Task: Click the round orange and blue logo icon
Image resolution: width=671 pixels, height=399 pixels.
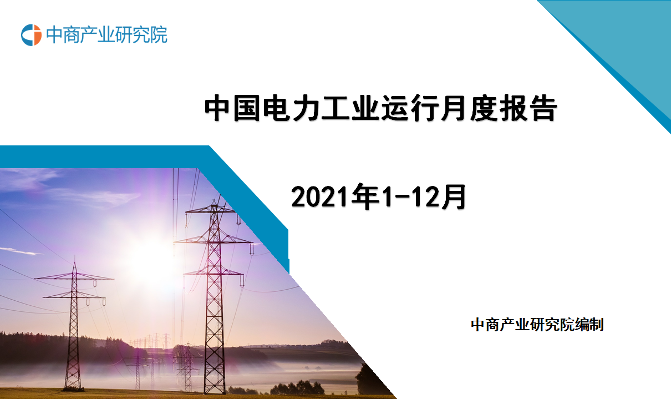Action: click(x=31, y=35)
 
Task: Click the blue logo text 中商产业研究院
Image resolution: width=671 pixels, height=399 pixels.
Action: click(x=106, y=35)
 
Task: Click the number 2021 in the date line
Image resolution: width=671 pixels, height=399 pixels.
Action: click(x=320, y=196)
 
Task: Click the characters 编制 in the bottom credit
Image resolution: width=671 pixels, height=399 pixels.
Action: click(x=589, y=325)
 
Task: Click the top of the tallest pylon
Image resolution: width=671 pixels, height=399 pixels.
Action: click(x=214, y=200)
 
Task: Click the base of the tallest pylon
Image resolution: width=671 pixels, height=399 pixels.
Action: click(x=215, y=391)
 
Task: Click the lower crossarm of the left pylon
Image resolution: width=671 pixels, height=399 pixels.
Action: click(x=74, y=296)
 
